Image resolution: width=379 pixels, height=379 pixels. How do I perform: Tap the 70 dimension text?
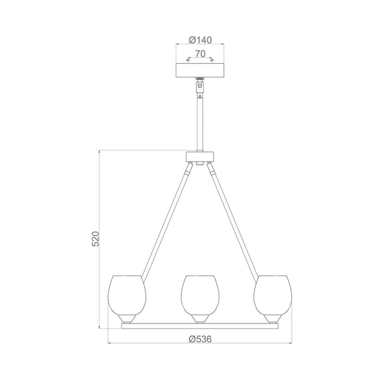pyautogui.click(x=200, y=55)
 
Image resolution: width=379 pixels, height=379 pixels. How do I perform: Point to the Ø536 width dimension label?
pyautogui.click(x=200, y=339)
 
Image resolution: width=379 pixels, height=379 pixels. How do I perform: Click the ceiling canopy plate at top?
pyautogui.click(x=200, y=69)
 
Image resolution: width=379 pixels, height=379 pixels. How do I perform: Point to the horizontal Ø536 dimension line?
pyautogui.click(x=152, y=344)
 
